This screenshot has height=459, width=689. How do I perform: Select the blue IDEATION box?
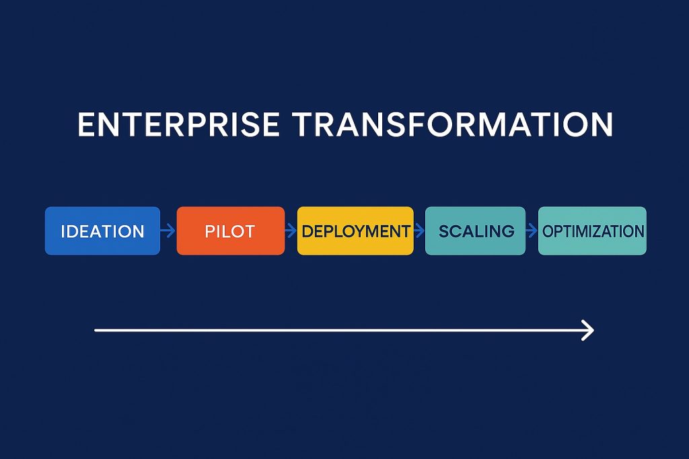pyautogui.click(x=102, y=231)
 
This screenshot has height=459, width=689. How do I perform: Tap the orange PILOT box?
pyautogui.click(x=230, y=231)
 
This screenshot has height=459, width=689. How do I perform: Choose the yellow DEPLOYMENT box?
pyautogui.click(x=355, y=231)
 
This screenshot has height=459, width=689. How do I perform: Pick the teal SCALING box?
pyautogui.click(x=475, y=231)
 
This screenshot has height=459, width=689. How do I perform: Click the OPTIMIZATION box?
pyautogui.click(x=592, y=231)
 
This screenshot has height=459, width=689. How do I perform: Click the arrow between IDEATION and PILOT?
pyautogui.click(x=168, y=231)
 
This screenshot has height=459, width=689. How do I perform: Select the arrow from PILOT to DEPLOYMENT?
pyautogui.click(x=291, y=231)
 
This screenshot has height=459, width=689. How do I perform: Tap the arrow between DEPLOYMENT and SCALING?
pyautogui.click(x=419, y=231)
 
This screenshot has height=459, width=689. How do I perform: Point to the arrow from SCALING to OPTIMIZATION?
pyautogui.click(x=532, y=231)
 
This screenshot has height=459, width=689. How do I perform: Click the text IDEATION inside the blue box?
pyautogui.click(x=102, y=232)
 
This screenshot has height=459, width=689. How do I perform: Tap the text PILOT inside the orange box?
pyautogui.click(x=230, y=232)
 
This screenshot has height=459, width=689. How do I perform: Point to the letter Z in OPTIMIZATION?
pyautogui.click(x=602, y=232)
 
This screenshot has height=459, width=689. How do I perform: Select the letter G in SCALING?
pyautogui.click(x=508, y=232)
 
